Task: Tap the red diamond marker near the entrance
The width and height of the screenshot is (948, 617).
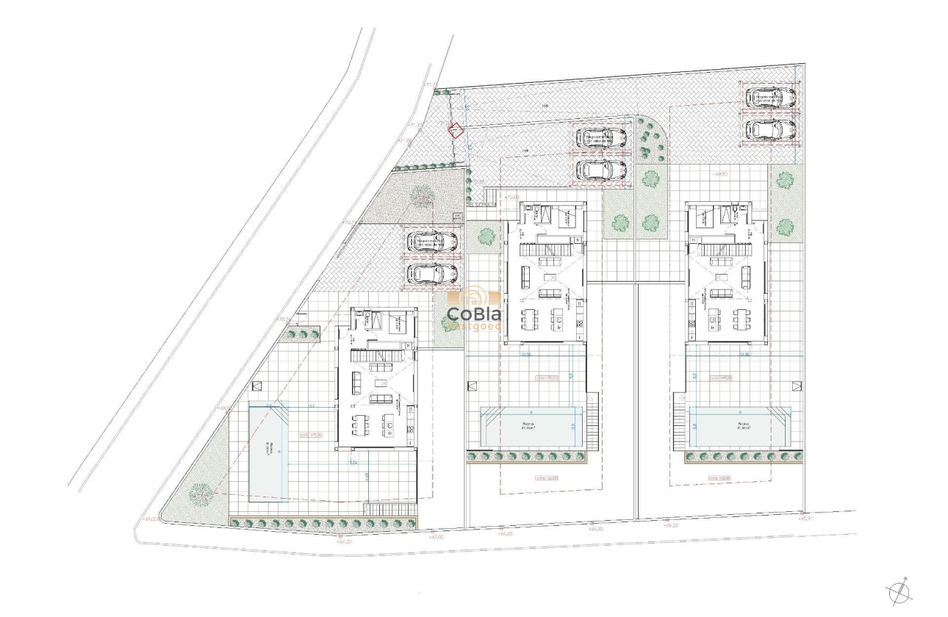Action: click(456, 131)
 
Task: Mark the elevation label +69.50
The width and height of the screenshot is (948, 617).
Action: click(720, 174)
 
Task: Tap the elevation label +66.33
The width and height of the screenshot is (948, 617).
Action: click(595, 528)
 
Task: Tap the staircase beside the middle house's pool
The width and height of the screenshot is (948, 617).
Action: click(592, 422)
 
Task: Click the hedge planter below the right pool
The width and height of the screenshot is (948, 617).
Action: click(743, 457)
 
